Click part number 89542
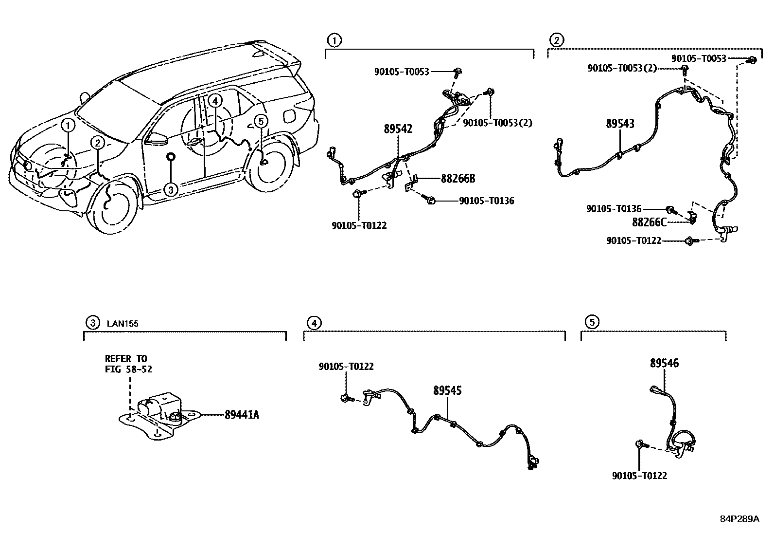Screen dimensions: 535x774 tap(398, 129)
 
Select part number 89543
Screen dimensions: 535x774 tap(620, 124)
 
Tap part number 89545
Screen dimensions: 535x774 tap(447, 390)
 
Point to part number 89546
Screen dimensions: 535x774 tap(665, 363)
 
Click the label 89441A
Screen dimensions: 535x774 tap(242, 415)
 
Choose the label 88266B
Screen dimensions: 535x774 tap(457, 179)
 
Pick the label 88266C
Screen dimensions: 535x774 tap(649, 222)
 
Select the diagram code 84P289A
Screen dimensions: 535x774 tap(739, 518)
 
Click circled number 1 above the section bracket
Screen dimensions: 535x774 tap(334, 40)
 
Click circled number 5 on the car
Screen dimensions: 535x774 tap(261, 121)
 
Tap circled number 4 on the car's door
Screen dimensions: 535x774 tap(214, 101)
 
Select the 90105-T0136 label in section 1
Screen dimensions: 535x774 tap(486, 201)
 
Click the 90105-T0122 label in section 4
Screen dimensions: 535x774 tap(346, 367)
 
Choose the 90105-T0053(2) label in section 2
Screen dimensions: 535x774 tap(622, 69)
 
